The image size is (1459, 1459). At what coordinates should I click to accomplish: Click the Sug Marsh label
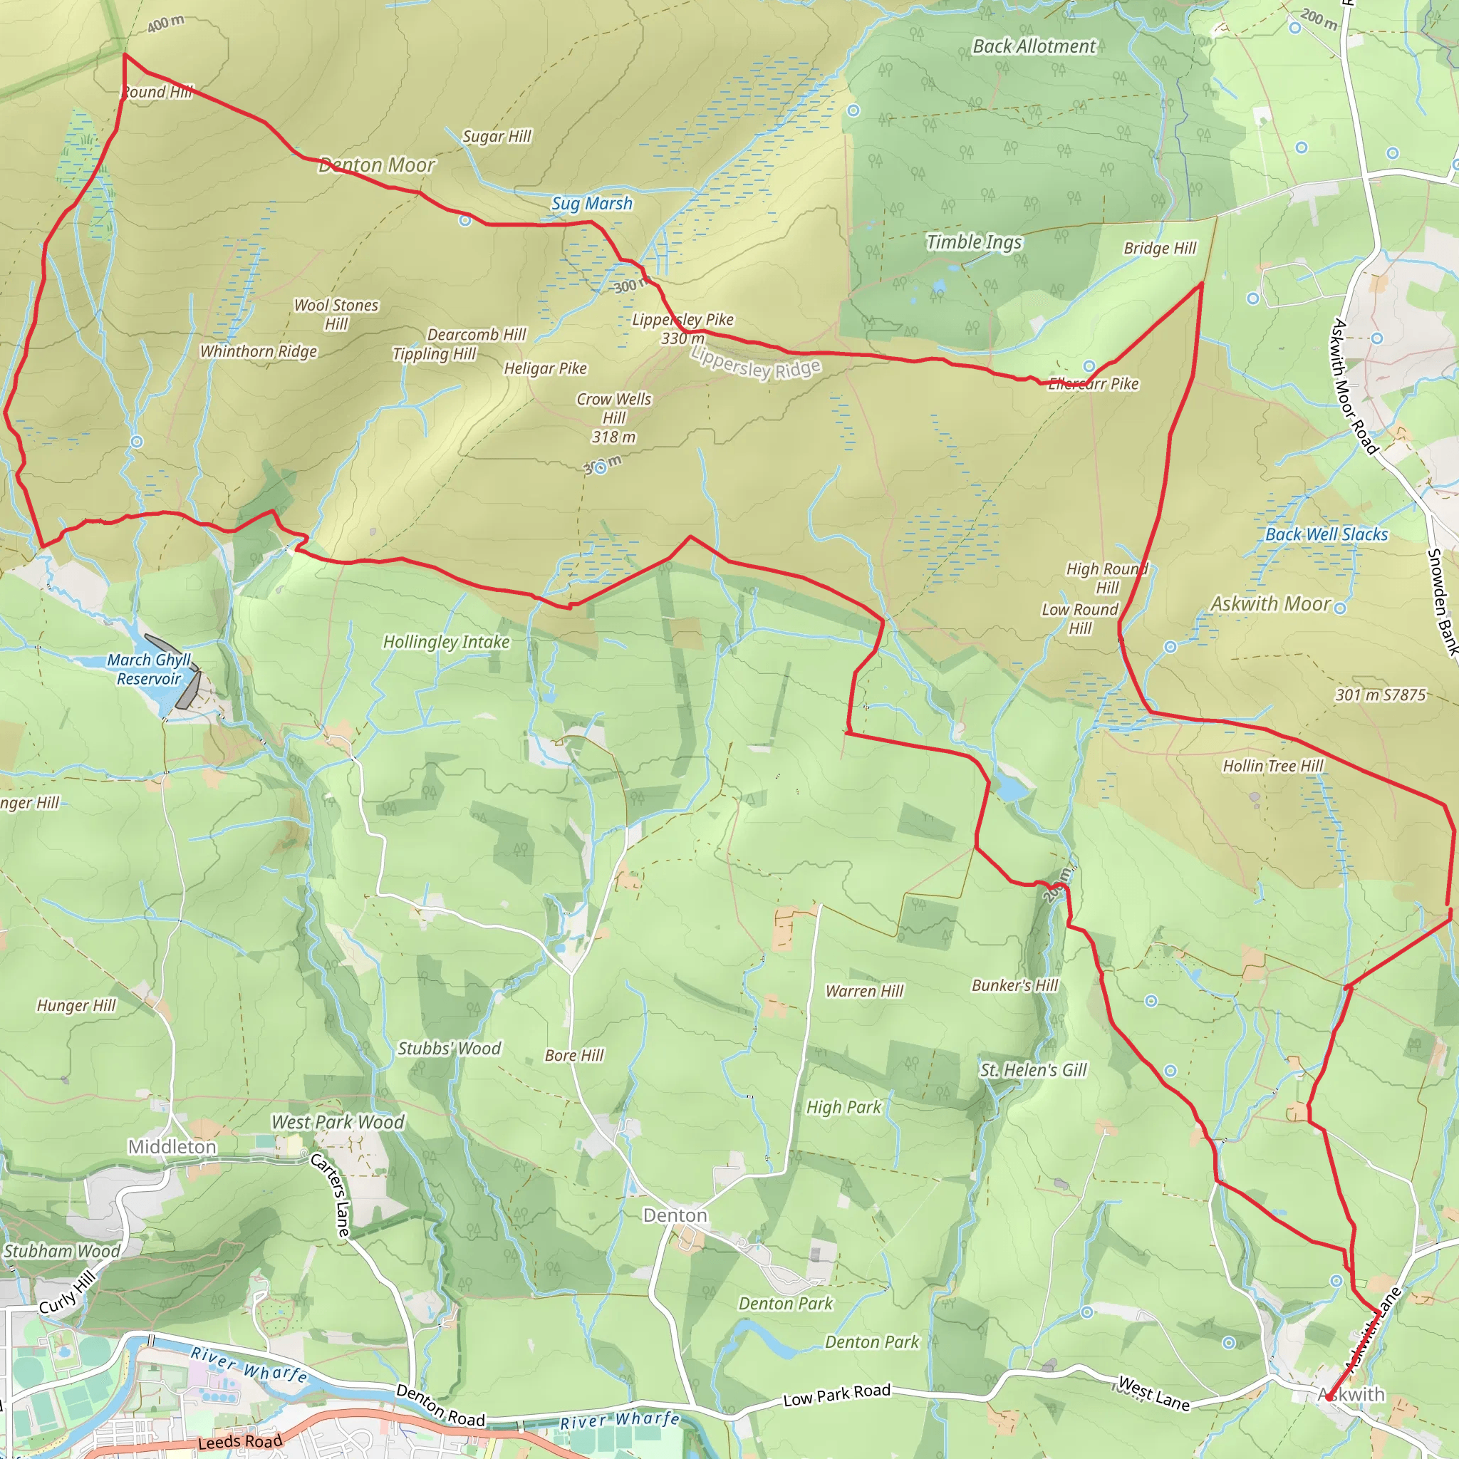pyautogui.click(x=592, y=203)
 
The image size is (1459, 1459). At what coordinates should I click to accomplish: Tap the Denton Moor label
pyautogui.click(x=377, y=165)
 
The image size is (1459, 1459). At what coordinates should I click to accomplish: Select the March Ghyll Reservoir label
pyautogui.click(x=149, y=669)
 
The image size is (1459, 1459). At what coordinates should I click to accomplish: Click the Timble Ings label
pyautogui.click(x=974, y=242)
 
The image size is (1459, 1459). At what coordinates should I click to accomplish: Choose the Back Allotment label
pyautogui.click(x=1034, y=46)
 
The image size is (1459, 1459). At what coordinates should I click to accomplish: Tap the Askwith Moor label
pyautogui.click(x=1270, y=604)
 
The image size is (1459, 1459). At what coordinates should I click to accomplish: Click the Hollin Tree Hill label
pyautogui.click(x=1273, y=766)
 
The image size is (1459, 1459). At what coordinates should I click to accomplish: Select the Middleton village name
pyautogui.click(x=172, y=1147)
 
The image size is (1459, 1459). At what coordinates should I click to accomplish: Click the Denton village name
pyautogui.click(x=675, y=1215)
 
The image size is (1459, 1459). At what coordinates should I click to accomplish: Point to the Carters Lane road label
pyautogui.click(x=331, y=1195)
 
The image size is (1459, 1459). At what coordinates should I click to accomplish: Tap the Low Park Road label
pyautogui.click(x=837, y=1396)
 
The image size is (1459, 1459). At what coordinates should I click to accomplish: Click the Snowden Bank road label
pyautogui.click(x=1443, y=601)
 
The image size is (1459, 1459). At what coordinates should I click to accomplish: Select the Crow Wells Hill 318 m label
pyautogui.click(x=614, y=417)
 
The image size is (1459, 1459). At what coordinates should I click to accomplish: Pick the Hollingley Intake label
pyautogui.click(x=446, y=642)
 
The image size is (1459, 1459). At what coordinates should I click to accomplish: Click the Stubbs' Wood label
pyautogui.click(x=450, y=1048)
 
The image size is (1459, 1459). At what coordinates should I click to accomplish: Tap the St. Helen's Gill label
pyautogui.click(x=1033, y=1070)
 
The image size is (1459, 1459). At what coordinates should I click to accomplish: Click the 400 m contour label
pyautogui.click(x=165, y=24)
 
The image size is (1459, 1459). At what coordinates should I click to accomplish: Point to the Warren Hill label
pyautogui.click(x=865, y=991)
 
